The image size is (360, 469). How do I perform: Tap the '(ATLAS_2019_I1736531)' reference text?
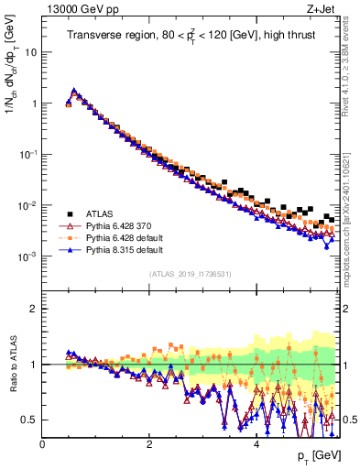[191, 274]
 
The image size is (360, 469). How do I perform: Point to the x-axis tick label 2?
[149, 443]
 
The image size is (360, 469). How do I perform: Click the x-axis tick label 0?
[42, 443]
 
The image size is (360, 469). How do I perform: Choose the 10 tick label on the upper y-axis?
[31, 52]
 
